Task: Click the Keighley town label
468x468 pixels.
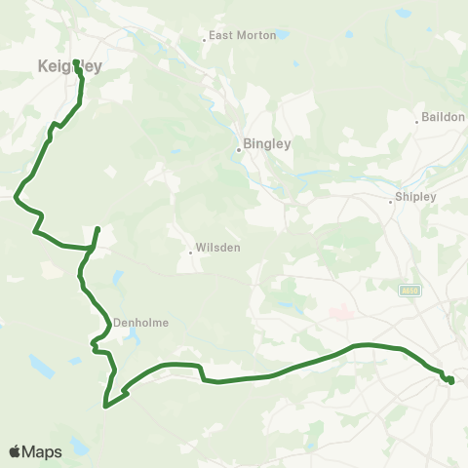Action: [x=68, y=66]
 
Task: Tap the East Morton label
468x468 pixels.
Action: [x=236, y=37]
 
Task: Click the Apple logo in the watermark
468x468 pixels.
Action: [x=15, y=451]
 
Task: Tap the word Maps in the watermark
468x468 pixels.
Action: [x=42, y=451]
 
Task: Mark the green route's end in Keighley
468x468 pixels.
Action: [x=75, y=62]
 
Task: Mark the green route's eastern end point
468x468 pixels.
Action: [x=451, y=381]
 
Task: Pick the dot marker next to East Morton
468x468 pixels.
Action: [x=205, y=40]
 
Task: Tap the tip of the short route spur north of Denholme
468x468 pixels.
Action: [x=97, y=228]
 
